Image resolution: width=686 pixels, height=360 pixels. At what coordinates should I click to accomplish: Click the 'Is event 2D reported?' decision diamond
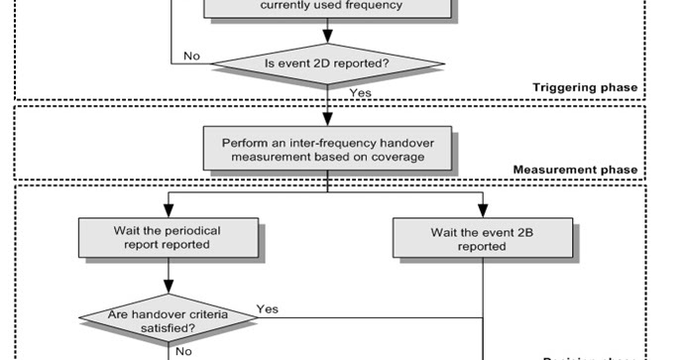(x=327, y=64)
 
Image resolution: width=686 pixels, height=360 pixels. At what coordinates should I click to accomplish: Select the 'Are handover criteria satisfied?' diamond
(x=168, y=317)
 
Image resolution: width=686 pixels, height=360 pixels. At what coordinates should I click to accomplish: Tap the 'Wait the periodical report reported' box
(x=168, y=238)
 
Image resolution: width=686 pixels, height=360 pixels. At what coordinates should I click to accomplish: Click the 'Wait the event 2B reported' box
(x=483, y=238)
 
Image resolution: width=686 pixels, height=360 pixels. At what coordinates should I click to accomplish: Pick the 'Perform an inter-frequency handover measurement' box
(x=327, y=146)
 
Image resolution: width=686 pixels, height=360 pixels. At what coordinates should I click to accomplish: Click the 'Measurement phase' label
(x=575, y=170)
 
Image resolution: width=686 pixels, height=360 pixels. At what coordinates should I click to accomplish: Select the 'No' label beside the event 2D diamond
(x=192, y=56)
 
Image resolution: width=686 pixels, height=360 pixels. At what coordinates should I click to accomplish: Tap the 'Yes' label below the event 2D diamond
(x=360, y=91)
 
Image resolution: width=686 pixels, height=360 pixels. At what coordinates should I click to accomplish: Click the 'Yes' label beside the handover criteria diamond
(x=267, y=308)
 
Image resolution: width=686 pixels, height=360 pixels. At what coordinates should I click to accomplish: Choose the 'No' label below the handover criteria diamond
(x=184, y=350)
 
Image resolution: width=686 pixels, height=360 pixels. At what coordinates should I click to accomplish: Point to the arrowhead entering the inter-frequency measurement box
(x=327, y=120)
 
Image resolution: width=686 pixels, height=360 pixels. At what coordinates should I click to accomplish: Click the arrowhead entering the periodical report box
(x=168, y=211)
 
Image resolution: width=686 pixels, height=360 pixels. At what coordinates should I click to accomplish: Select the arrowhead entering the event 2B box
(x=483, y=211)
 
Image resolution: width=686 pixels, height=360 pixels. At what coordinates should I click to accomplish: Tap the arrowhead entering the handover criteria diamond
(x=168, y=292)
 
